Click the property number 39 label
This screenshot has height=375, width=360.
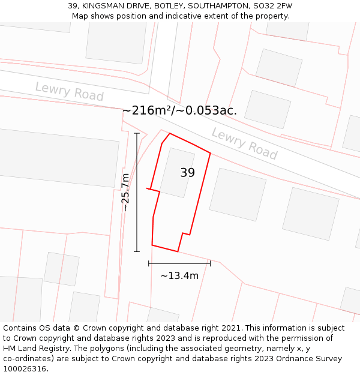point(188,173)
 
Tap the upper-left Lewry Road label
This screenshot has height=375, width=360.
point(69,92)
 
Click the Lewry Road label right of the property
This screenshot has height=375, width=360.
point(244,144)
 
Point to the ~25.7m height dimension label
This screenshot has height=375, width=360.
point(125,192)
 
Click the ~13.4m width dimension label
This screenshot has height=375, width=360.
point(179,276)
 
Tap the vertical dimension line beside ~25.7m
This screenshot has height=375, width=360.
point(137,192)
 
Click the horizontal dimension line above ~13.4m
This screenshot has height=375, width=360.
point(179,263)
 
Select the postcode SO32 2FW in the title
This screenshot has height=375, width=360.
point(272,6)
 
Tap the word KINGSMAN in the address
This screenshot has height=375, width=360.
point(101,6)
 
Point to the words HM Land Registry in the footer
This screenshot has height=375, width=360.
point(34,349)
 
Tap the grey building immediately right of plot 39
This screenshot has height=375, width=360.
point(238,194)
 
